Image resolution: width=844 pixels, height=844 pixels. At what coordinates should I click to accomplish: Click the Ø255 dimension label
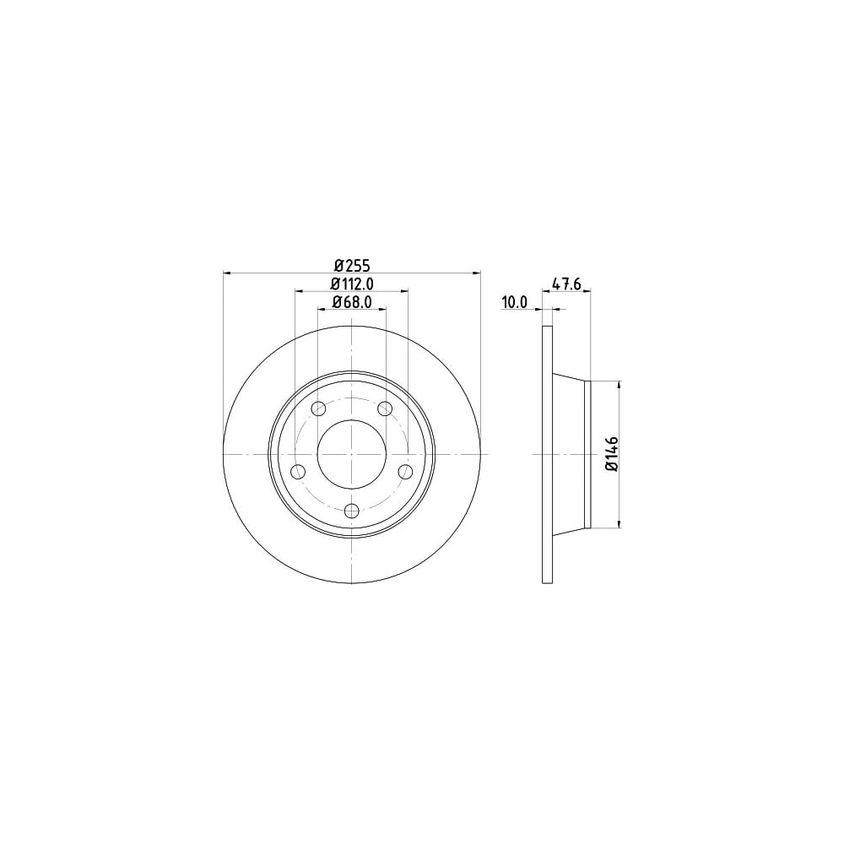(x=351, y=265)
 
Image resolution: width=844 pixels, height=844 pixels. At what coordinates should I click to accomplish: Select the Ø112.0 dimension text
(x=352, y=283)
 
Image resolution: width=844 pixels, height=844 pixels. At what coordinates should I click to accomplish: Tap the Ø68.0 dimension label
(x=352, y=302)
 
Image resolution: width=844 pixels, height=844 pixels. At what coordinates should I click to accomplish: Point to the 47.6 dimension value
(x=566, y=283)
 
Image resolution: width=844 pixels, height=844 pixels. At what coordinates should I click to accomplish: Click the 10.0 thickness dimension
(x=515, y=302)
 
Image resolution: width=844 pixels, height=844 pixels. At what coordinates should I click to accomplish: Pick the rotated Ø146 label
(x=611, y=454)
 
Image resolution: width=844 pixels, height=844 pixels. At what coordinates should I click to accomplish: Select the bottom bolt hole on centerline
(x=351, y=510)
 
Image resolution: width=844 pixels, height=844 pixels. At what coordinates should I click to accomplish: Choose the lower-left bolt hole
(x=298, y=472)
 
